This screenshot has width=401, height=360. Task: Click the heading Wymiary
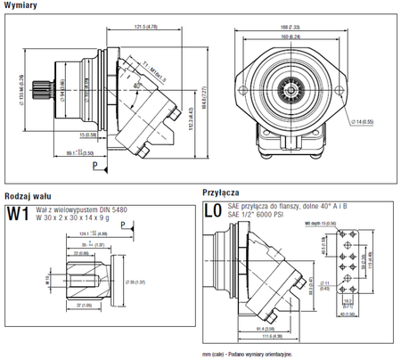click(20, 6)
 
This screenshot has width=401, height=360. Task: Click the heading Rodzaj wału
click(27, 194)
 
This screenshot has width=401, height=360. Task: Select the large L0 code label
click(212, 212)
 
